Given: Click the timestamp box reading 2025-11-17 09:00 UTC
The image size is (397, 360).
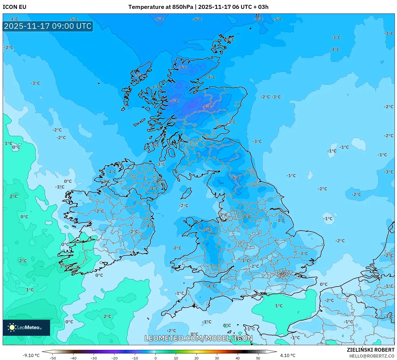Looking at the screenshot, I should tap(48, 26).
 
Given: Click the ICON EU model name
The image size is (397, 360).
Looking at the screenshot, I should tap(15, 7).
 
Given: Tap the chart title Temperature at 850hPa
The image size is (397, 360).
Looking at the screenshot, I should tap(161, 7).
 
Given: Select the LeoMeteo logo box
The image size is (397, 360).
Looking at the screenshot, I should tap(26, 327).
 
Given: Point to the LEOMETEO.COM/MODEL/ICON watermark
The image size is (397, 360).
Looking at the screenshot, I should tap(199, 338).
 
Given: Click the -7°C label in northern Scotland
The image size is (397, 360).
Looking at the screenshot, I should tap(182, 67).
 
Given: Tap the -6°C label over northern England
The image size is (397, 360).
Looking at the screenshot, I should tap(235, 178).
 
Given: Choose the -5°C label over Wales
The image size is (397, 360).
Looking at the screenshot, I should tap(207, 230).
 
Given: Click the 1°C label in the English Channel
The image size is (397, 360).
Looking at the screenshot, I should tap(279, 306).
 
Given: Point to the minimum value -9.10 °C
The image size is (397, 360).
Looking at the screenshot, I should tap(31, 355).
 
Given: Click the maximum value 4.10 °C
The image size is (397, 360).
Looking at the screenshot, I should tap(288, 355).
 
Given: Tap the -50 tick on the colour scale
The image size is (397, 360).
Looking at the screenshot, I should tap(53, 358).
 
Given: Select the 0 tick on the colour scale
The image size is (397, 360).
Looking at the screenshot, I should tap(155, 358).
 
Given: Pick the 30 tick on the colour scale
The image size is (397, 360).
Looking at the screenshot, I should tap(217, 358).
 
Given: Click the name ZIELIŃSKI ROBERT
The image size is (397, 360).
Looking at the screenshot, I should tap(370, 350).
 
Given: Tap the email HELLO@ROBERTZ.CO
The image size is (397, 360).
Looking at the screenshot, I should tap(372, 356).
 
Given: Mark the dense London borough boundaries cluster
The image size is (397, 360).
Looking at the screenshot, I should tap(283, 274).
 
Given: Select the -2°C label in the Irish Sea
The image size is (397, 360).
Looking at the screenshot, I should tap(184, 206).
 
